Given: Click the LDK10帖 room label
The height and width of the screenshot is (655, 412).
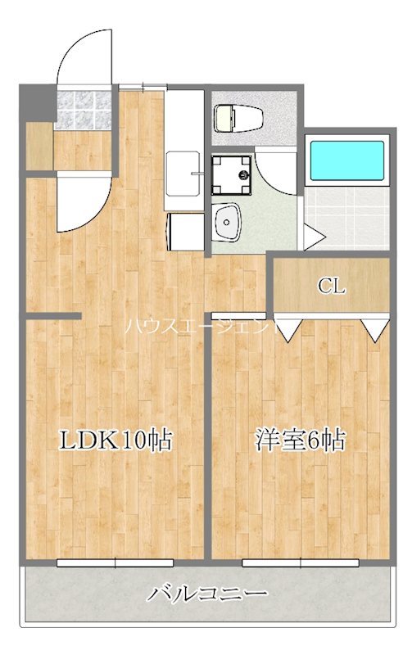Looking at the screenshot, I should coord(115,440).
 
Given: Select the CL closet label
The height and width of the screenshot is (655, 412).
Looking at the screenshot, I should coord(331,287).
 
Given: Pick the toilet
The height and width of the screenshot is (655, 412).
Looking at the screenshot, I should coord(238,118).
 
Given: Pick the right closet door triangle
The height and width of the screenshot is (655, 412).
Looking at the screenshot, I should coord(376,330).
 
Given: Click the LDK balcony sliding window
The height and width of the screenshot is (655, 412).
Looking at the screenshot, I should coord(115,562).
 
